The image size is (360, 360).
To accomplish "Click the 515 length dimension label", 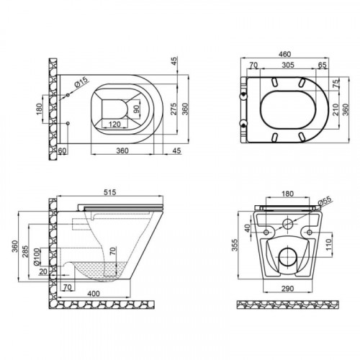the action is pyautogui.click(x=110, y=192).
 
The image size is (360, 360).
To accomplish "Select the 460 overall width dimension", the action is pyautogui.click(x=285, y=54).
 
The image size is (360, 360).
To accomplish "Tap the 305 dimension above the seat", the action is pyautogui.click(x=288, y=65).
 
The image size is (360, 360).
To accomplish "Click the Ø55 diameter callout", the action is pyautogui.click(x=325, y=201).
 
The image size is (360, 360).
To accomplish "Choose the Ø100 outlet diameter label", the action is pyautogui.click(x=36, y=257).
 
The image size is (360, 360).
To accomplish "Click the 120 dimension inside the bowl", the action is pyautogui.click(x=114, y=125).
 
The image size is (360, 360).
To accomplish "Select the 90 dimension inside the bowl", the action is pyautogui.click(x=136, y=109).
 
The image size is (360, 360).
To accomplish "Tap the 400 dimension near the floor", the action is pyautogui.click(x=94, y=294).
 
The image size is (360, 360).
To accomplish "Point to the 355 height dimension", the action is pyautogui.click(x=235, y=245).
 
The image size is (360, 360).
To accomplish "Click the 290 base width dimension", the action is pyautogui.click(x=287, y=288).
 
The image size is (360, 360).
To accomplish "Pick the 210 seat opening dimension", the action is pyautogui.click(x=336, y=109).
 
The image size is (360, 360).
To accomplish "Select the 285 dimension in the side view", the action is pyautogui.click(x=25, y=251).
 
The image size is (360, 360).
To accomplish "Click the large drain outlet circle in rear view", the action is pyautogui.click(x=288, y=257).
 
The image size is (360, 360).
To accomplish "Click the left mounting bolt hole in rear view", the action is pyautogui.click(x=266, y=232).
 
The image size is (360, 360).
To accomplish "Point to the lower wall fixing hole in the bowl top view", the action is pyautogui.click(x=68, y=123).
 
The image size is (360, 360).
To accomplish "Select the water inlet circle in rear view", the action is pyautogui.click(x=287, y=224).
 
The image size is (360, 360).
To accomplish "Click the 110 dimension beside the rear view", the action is pyautogui.click(x=328, y=245).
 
